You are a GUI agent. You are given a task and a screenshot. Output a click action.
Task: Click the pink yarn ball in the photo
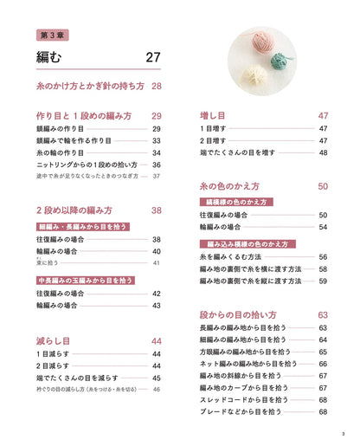click(x=261, y=48)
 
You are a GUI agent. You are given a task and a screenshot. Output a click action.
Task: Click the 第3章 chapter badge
click(x=58, y=36)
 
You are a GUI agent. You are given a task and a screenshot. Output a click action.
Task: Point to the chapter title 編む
click(x=51, y=58)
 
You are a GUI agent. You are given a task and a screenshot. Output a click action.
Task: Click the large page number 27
click(x=152, y=58)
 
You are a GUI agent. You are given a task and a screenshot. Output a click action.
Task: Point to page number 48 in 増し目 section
click(x=323, y=152)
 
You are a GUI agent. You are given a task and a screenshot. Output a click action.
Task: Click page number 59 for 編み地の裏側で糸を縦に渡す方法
click(x=323, y=281)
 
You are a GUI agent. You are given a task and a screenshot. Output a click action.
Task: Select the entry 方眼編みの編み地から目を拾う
click(x=246, y=352)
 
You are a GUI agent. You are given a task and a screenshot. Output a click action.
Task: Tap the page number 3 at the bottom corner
click(x=344, y=434)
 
